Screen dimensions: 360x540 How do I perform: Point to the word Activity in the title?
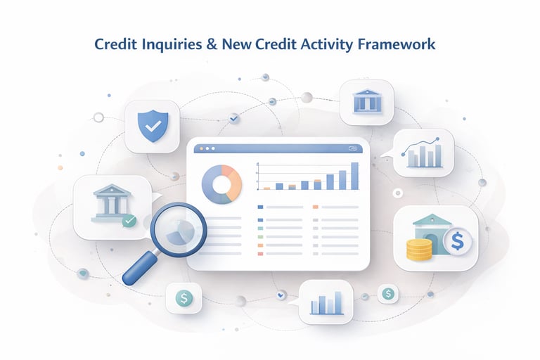(333, 44)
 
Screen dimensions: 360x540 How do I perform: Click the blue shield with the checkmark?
(151, 127)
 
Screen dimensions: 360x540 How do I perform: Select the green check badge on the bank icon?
(129, 221)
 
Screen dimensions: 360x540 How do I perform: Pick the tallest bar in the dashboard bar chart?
(354, 176)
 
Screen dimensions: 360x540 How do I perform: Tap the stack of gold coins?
(419, 250)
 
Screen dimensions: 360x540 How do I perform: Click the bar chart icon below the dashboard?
(326, 303)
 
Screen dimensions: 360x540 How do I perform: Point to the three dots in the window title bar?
(207, 148)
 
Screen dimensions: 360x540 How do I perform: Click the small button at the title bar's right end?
(352, 148)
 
